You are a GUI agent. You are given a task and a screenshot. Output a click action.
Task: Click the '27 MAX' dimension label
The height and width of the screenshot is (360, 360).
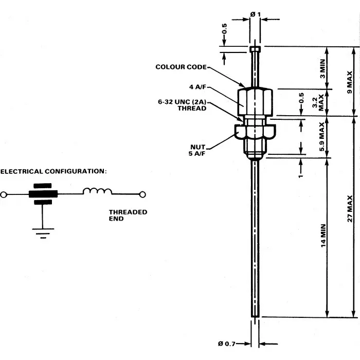click(x=350, y=208)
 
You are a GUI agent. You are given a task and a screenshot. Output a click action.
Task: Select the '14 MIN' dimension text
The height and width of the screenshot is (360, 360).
click(x=323, y=241)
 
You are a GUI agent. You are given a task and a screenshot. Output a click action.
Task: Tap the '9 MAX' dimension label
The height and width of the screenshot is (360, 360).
click(x=350, y=81)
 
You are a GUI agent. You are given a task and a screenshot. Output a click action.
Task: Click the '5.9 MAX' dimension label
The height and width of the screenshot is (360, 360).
click(x=322, y=135)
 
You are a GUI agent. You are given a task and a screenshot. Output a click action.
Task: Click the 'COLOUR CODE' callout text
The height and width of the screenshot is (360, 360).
click(x=181, y=67)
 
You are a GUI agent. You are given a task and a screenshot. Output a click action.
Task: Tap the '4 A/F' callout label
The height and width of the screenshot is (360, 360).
click(x=197, y=87)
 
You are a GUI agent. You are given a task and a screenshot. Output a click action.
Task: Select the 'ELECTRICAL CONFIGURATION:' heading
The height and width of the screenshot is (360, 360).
click(x=53, y=171)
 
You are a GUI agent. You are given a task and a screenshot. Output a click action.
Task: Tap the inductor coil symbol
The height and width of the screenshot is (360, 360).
click(x=97, y=192)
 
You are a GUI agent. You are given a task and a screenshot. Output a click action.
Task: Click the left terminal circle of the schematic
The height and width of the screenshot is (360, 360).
click(x=4, y=195)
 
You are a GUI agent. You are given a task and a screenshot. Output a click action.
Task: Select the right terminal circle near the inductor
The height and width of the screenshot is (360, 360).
click(x=143, y=194)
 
